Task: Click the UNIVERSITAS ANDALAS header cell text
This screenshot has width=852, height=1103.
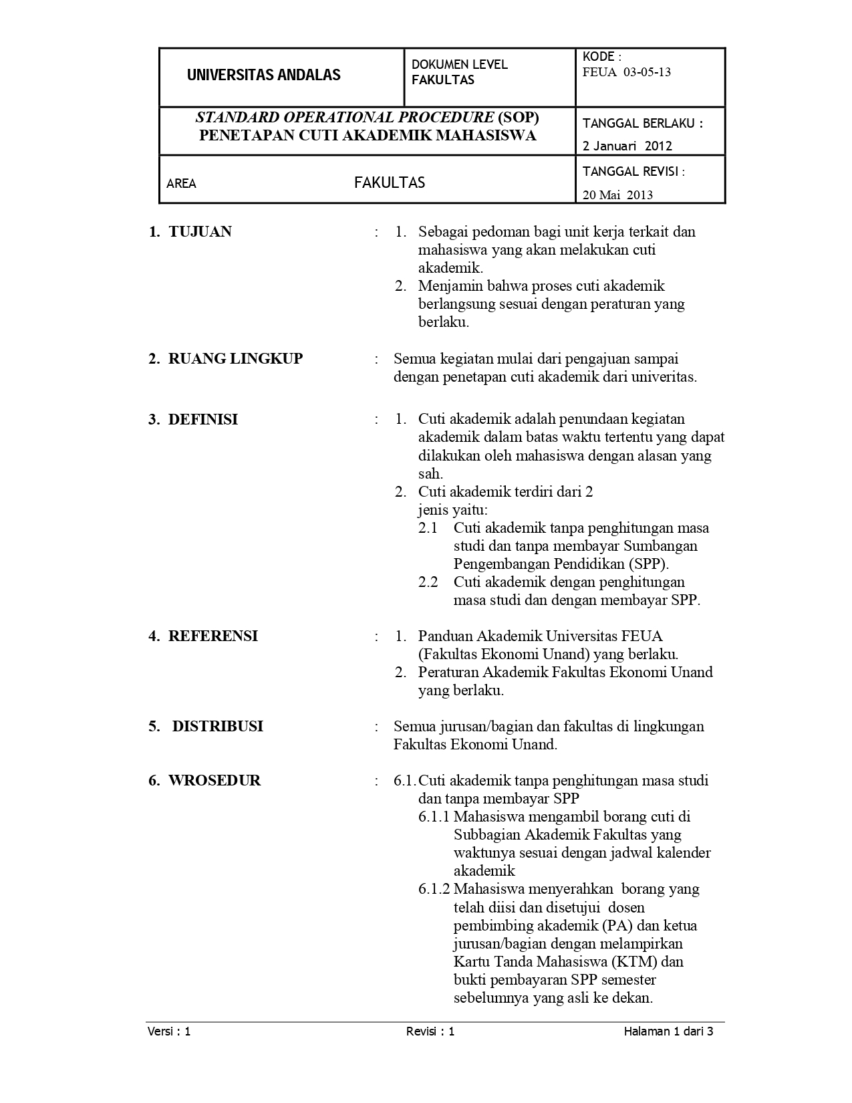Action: [263, 75]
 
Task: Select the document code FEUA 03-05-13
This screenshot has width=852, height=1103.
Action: [627, 72]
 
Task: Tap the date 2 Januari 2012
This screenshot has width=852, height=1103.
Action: [627, 146]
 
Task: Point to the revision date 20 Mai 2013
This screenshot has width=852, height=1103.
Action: [617, 195]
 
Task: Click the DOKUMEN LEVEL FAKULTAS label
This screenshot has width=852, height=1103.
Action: [459, 72]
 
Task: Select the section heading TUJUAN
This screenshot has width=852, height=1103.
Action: [200, 232]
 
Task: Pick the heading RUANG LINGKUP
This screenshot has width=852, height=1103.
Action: [235, 359]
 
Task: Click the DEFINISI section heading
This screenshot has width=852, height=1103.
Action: [202, 420]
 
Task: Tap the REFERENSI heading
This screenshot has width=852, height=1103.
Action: [212, 636]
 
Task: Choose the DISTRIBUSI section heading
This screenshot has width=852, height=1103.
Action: [217, 727]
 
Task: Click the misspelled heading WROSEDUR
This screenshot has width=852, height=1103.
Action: [214, 781]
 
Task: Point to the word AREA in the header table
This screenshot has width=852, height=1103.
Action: [181, 184]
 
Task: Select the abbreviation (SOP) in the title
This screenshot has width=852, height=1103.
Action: [518, 118]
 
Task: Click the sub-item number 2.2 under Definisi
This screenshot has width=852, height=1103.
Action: [428, 582]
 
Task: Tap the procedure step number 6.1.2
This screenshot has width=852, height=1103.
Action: [434, 890]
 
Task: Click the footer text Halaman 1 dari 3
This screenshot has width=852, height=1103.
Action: [668, 1031]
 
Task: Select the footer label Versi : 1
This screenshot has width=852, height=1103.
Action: [169, 1031]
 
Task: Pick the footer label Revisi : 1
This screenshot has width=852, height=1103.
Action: [430, 1031]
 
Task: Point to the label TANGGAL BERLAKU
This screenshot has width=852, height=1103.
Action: [642, 124]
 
